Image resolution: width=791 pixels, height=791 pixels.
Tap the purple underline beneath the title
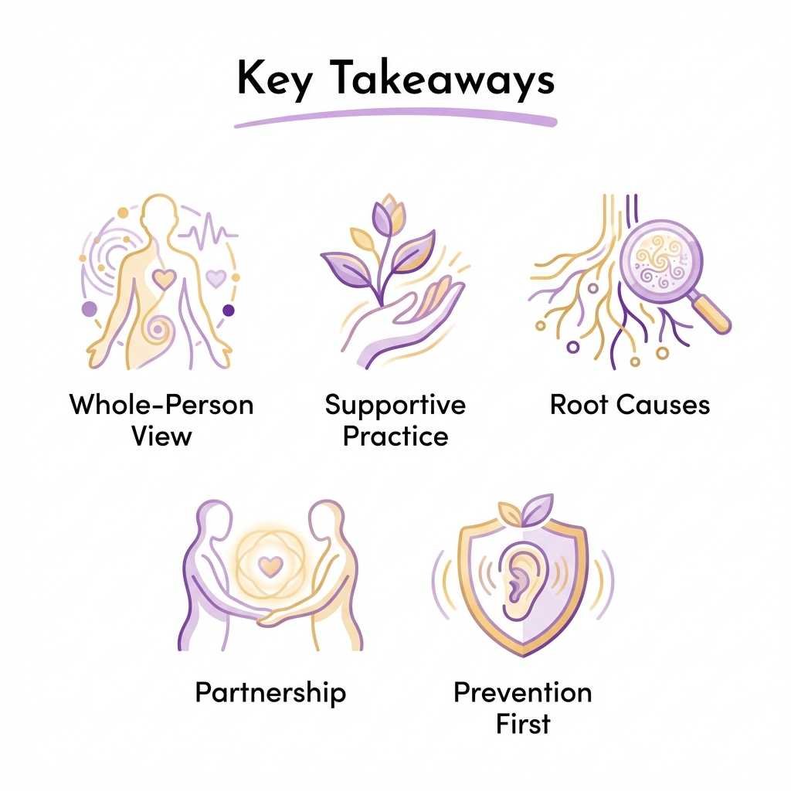point(395,121)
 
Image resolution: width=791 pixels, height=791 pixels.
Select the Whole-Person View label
point(161,419)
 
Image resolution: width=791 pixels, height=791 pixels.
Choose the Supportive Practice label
point(395,419)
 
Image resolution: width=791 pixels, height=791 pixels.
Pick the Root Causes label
point(630,405)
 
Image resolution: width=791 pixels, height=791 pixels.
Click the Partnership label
point(270,692)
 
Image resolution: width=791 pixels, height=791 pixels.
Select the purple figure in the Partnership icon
point(202,572)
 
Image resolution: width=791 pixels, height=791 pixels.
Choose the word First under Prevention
point(523,724)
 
